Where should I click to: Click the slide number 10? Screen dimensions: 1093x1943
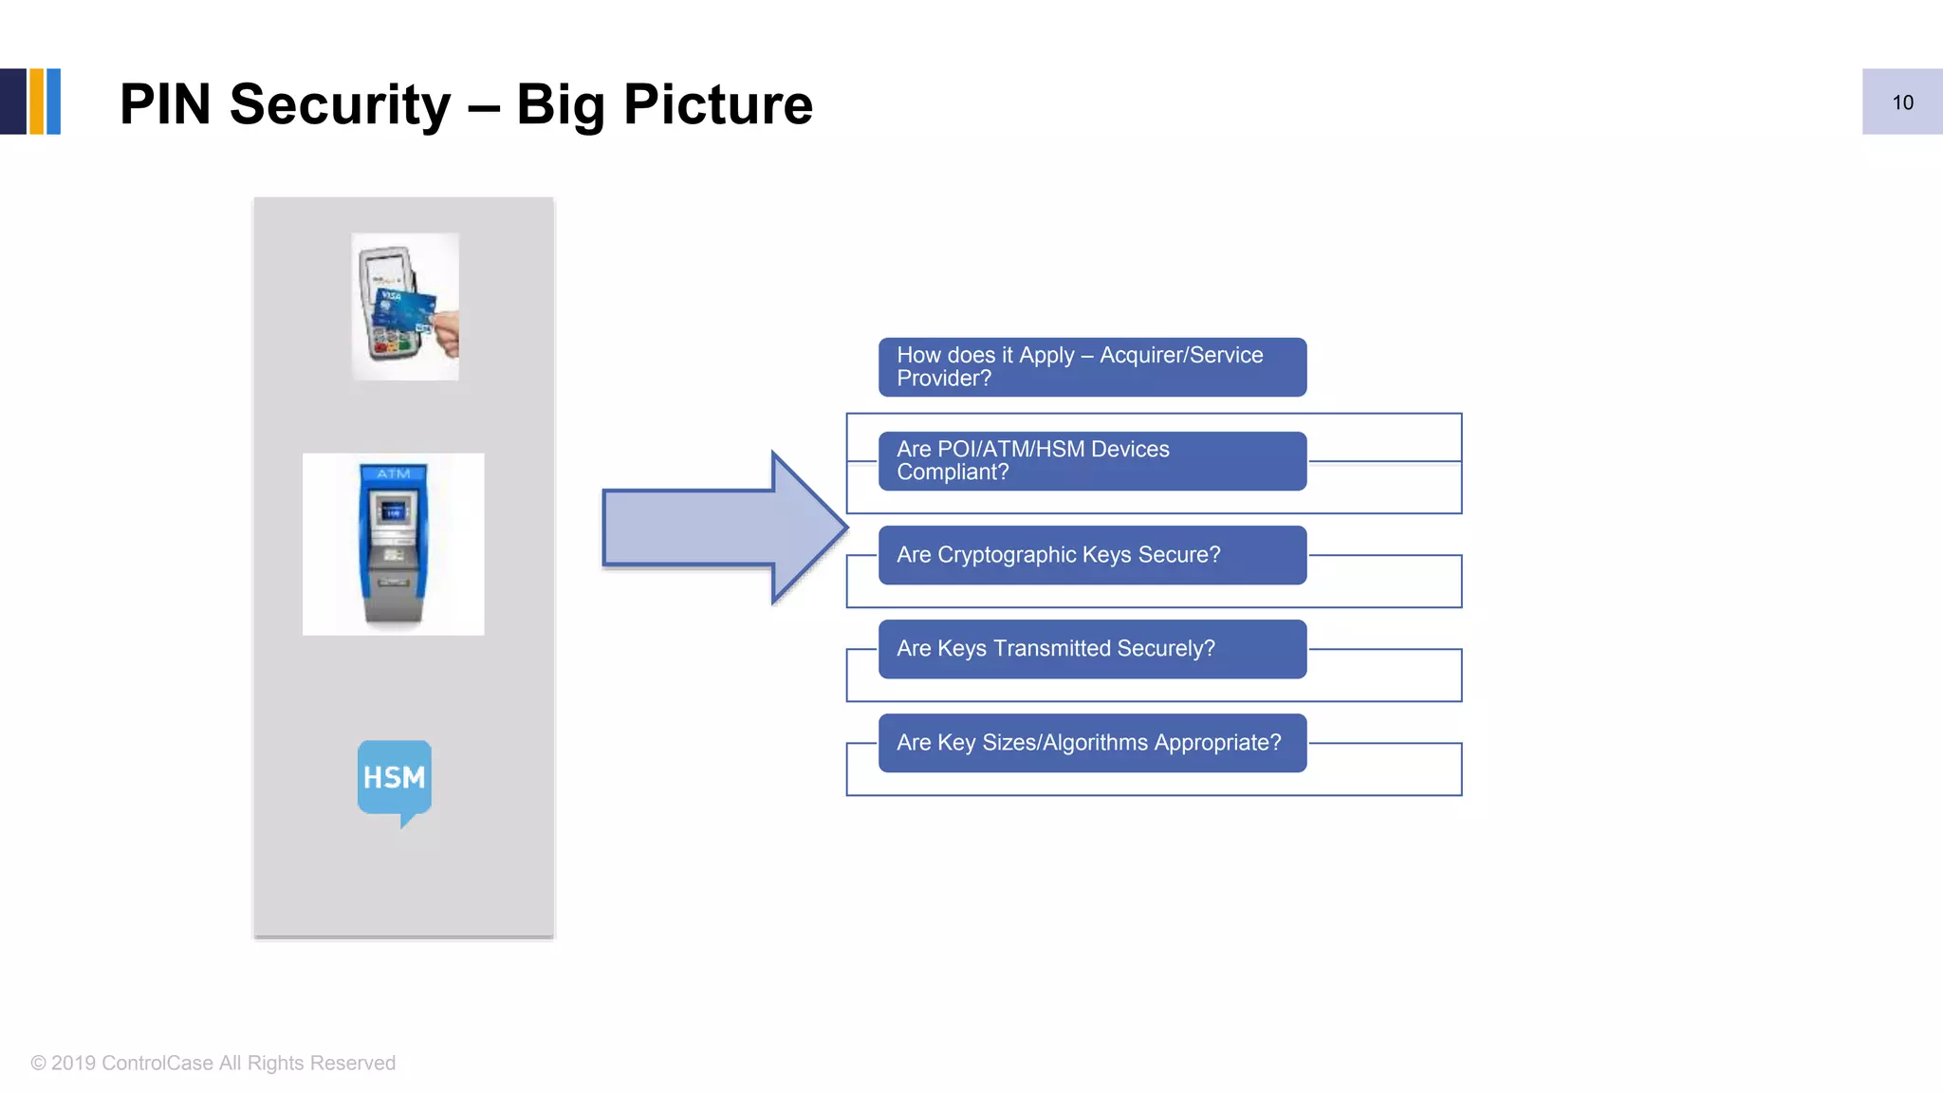[x=1902, y=102]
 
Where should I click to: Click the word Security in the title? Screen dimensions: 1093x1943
[x=340, y=104]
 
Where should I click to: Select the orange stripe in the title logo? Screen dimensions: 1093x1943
[x=37, y=102]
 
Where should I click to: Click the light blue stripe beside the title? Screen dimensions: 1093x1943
[x=54, y=102]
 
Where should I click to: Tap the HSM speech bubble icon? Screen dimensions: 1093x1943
[x=394, y=778]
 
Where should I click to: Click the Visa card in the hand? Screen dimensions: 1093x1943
[x=404, y=308]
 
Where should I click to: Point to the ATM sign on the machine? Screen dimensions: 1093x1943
[x=394, y=473]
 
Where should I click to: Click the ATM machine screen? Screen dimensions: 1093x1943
[x=393, y=512]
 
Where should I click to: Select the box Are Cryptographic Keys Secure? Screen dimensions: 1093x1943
[x=1091, y=555]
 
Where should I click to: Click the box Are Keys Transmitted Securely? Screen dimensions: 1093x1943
[x=1091, y=649]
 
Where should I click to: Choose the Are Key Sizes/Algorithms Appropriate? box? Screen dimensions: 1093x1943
[x=1091, y=743]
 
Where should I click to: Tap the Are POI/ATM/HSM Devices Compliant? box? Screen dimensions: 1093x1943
[x=1091, y=461]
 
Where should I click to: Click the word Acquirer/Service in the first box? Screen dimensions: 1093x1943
[x=1181, y=355]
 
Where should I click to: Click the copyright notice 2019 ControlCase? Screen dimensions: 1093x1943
[x=213, y=1063]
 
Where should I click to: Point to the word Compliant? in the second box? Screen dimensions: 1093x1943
[x=952, y=472]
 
